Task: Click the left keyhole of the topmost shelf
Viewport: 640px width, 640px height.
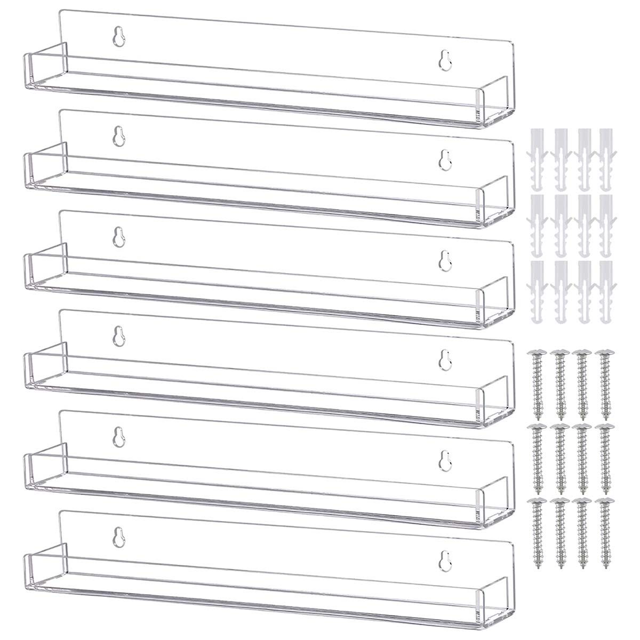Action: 118,37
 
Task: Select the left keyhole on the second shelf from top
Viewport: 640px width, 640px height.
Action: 118,137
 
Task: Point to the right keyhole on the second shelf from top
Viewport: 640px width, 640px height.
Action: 444,159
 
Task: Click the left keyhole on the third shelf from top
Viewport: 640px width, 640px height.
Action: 118,236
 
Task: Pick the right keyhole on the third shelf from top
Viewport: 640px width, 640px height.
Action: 444,259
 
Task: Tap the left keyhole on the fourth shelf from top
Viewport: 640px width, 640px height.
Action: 118,335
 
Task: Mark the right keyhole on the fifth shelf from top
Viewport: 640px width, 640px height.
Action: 444,459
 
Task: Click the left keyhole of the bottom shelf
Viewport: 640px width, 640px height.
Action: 118,535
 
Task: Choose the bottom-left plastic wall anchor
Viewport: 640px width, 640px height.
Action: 536,292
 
